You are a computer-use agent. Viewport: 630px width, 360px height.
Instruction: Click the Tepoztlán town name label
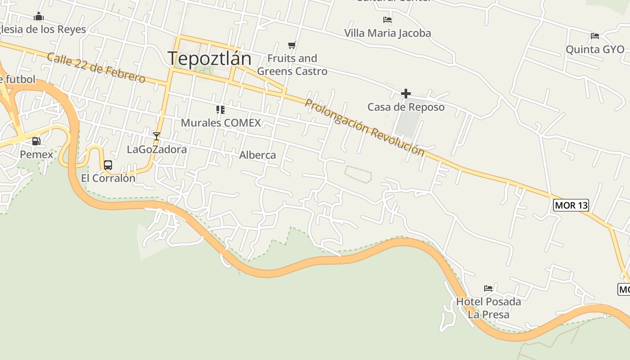coord(209,58)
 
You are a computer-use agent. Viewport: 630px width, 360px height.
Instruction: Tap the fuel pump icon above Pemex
coord(36,141)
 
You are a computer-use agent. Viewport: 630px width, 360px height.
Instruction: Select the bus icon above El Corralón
coord(108,165)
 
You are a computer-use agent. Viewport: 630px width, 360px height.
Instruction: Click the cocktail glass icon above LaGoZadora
coord(157,136)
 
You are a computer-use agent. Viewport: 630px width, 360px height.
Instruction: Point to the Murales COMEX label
coord(220,122)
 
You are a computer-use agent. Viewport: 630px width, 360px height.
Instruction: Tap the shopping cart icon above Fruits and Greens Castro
coord(292,45)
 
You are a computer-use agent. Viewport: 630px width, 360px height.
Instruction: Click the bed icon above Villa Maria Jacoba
coord(387,20)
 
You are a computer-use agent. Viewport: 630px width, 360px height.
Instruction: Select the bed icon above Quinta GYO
coord(595,36)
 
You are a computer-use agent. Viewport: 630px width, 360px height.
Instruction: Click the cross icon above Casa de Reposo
coord(406,94)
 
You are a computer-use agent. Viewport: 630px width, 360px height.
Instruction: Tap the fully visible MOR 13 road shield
coord(571,205)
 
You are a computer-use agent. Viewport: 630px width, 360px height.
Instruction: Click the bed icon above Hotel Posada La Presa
coord(488,288)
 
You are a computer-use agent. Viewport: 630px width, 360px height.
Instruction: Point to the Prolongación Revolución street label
coord(364,127)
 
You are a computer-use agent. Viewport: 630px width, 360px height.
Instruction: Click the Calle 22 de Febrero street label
coord(96,68)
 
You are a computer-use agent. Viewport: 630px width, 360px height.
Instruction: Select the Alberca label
coord(257,155)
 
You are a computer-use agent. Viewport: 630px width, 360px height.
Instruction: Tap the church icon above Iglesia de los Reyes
coord(39,17)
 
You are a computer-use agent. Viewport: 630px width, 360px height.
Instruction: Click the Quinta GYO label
coord(595,49)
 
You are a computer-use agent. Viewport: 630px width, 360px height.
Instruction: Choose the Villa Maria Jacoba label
coord(387,33)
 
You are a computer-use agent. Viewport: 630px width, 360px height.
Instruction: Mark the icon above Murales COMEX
coord(220,109)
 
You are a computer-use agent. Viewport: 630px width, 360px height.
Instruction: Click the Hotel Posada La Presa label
coord(489,308)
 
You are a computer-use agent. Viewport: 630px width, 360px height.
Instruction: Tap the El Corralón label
coord(108,178)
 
